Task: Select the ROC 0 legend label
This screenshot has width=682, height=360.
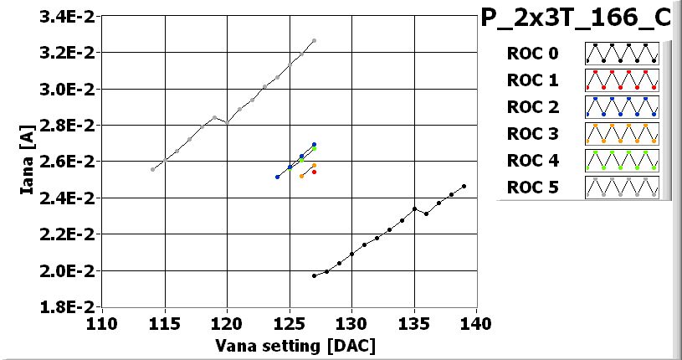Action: [531, 54]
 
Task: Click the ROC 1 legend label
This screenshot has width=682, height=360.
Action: [531, 80]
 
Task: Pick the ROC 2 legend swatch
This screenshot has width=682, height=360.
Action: [622, 107]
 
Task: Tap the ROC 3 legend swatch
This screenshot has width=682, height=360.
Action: [622, 134]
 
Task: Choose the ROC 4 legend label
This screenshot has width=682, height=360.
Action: [531, 160]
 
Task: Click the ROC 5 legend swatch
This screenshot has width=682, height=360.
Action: [622, 187]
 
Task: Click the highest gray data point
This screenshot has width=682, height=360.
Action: [314, 40]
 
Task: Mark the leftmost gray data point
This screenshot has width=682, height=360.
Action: [152, 169]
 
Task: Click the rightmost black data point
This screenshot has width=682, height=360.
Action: [464, 186]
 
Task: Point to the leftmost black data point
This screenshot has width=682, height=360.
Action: [314, 275]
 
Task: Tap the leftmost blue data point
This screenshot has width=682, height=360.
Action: [277, 177]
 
